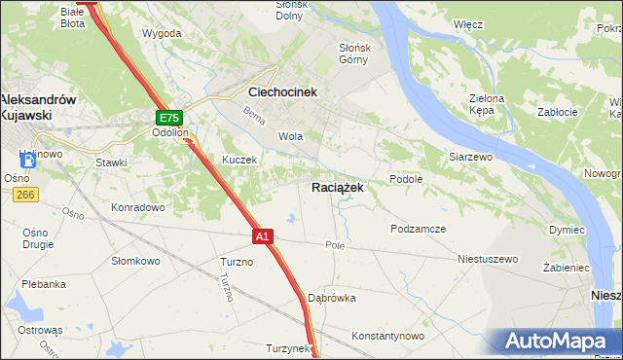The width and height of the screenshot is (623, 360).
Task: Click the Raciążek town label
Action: click(x=338, y=188)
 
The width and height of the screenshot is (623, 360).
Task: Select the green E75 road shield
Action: click(x=167, y=118)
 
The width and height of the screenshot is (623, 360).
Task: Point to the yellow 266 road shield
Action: click(x=25, y=196)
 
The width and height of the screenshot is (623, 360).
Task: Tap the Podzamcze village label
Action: click(x=418, y=229)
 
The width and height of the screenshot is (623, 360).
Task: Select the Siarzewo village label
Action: click(x=472, y=156)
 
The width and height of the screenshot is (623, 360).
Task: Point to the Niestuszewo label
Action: click(x=488, y=260)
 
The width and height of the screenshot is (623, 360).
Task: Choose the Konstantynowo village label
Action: click(x=388, y=336)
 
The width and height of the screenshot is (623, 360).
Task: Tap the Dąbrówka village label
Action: click(x=331, y=298)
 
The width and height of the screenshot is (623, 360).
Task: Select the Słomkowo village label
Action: click(x=135, y=260)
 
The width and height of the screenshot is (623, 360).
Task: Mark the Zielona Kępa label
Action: click(x=487, y=104)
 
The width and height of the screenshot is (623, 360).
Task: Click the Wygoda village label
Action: click(x=162, y=33)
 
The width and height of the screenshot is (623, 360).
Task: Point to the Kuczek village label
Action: click(x=238, y=160)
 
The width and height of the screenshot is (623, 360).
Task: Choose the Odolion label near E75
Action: click(x=170, y=134)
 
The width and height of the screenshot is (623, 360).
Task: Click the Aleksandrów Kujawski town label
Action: click(x=38, y=106)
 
